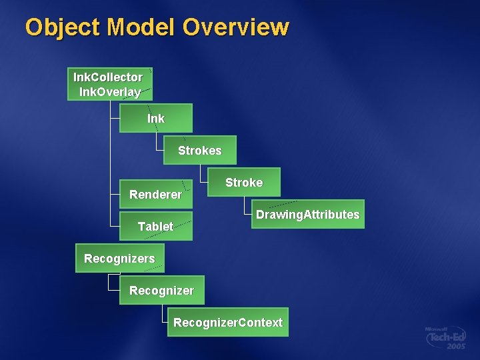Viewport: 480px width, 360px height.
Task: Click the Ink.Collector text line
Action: coord(108,77)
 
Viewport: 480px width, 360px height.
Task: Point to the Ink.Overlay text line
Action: coord(110,92)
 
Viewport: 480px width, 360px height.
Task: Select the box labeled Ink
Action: coord(156,118)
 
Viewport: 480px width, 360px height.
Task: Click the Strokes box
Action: coord(200,151)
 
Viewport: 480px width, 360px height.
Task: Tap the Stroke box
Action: coord(244,182)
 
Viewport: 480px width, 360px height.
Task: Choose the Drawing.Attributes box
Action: coord(307,215)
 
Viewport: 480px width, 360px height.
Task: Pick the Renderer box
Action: coord(155,195)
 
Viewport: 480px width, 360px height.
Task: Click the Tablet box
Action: coord(155,227)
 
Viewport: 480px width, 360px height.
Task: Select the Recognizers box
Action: coord(119,258)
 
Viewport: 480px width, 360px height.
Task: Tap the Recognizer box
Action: coord(161,291)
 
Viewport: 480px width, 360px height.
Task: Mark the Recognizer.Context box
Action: coord(228,323)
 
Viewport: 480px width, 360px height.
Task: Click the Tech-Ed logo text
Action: coord(446,338)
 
